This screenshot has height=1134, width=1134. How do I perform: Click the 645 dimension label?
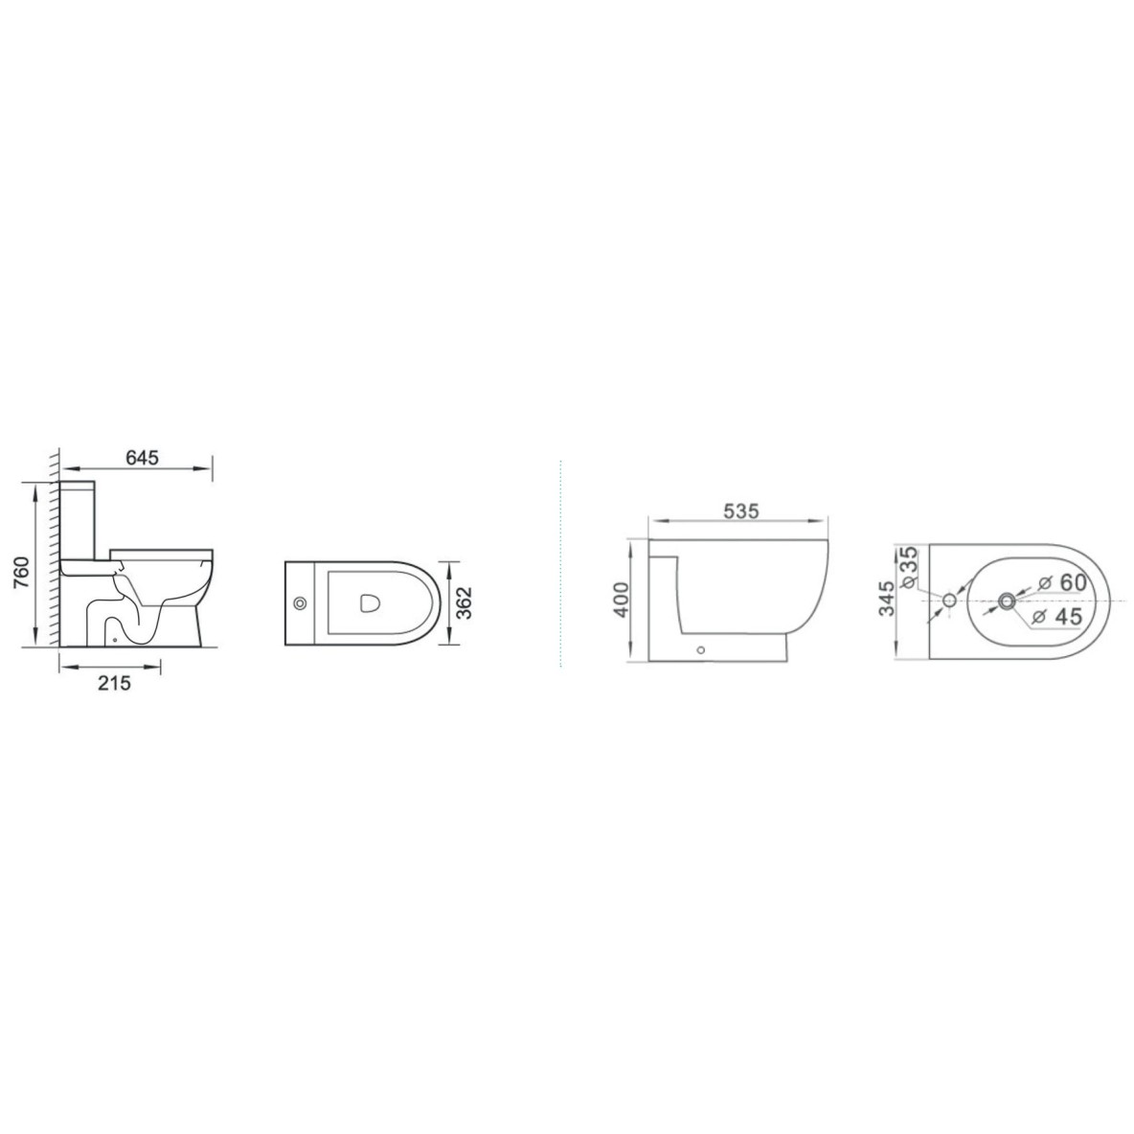(142, 458)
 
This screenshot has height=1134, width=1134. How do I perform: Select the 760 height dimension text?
(21, 573)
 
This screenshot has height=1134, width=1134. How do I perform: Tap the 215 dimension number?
(114, 682)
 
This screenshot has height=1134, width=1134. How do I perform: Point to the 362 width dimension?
(465, 601)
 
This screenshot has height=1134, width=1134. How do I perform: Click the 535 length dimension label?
(741, 511)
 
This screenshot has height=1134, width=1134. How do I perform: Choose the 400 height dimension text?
(622, 600)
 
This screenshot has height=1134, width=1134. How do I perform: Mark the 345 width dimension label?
(886, 599)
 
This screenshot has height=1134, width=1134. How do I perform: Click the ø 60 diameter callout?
(1061, 582)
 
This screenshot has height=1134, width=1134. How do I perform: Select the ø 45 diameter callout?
(1058, 616)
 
